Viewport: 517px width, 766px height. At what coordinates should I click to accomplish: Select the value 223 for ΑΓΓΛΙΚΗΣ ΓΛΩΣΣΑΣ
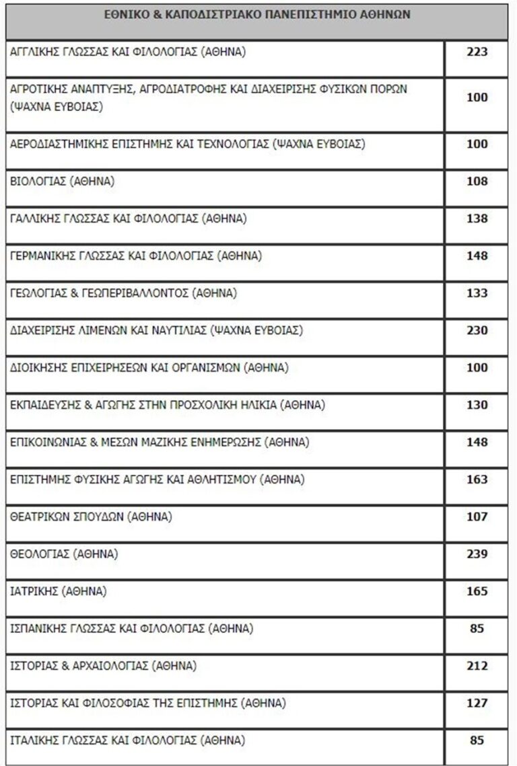tap(477, 52)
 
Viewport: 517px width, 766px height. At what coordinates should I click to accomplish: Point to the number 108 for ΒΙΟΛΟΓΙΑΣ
tap(477, 181)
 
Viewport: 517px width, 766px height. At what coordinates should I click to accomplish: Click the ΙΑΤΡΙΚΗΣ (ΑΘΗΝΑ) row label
tap(59, 592)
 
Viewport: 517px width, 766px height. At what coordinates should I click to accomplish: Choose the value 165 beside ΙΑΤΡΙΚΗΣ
tap(477, 592)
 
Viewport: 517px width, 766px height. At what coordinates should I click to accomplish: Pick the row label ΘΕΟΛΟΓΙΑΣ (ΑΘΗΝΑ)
tap(65, 555)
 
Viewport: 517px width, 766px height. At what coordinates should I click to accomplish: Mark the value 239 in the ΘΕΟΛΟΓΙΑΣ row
tap(477, 555)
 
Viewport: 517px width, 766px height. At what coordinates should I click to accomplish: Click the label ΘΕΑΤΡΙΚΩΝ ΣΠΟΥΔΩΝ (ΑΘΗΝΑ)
tap(92, 517)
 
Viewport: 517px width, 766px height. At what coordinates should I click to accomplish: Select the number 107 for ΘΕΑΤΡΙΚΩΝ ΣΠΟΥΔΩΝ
tap(477, 517)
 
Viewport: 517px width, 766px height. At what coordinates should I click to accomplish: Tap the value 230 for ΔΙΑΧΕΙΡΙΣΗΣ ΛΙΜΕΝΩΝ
tap(477, 330)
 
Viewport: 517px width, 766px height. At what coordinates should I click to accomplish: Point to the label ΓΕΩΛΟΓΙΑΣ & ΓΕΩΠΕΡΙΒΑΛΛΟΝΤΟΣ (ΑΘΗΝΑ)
tap(124, 293)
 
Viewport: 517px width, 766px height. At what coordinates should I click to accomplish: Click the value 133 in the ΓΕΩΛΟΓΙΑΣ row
tap(477, 293)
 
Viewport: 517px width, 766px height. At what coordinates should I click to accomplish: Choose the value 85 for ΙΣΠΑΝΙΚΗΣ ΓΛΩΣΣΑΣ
tap(477, 629)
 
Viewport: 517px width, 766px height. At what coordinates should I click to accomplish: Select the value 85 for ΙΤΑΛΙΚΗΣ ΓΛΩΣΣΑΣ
tap(477, 741)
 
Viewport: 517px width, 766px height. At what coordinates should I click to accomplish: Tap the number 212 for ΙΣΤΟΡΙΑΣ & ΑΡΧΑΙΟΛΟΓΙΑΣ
tap(477, 666)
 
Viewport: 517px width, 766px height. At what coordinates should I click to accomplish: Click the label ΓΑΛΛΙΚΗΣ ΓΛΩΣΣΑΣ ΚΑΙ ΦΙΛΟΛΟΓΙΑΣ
tap(129, 219)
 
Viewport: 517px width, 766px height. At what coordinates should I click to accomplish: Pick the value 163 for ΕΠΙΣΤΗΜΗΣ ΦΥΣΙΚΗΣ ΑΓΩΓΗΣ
tap(477, 480)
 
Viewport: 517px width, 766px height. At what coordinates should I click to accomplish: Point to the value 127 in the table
tap(477, 703)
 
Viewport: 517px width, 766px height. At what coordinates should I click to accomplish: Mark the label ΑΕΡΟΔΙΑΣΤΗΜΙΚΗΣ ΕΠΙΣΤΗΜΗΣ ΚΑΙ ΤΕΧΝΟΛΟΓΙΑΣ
tap(188, 144)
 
